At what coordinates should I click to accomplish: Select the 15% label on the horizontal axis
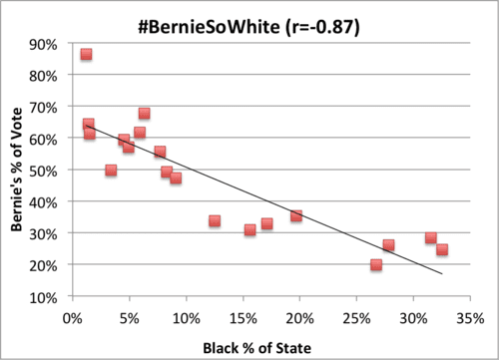point(242,318)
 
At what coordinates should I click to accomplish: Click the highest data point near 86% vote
point(86,54)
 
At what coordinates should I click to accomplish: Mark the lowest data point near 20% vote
point(376,265)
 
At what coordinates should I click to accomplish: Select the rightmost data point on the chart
point(442,250)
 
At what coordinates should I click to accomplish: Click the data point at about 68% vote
point(144,114)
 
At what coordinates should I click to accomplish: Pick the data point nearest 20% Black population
point(296,215)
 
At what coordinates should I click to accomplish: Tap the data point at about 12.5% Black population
point(214,220)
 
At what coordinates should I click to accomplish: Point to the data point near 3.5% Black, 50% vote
point(111,171)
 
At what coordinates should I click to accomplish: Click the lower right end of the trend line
point(441,273)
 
